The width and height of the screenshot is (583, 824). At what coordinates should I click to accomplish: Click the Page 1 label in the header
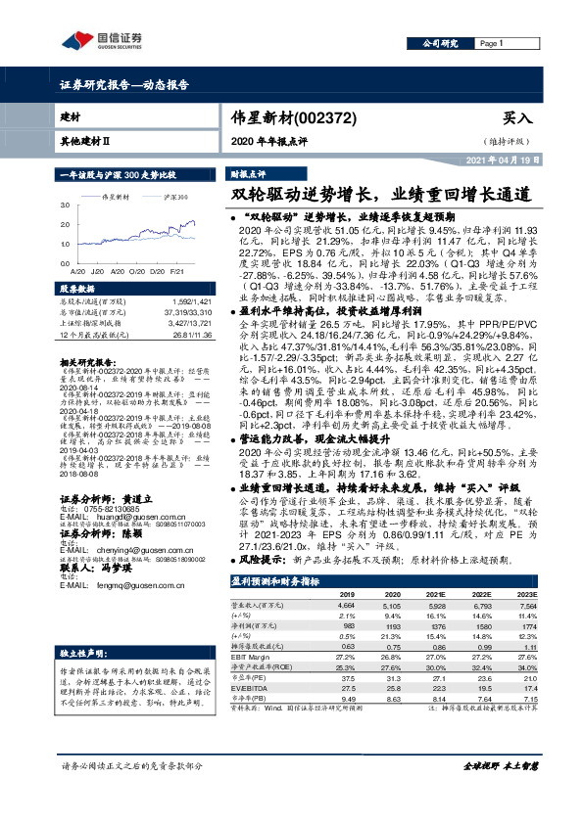(x=491, y=44)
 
